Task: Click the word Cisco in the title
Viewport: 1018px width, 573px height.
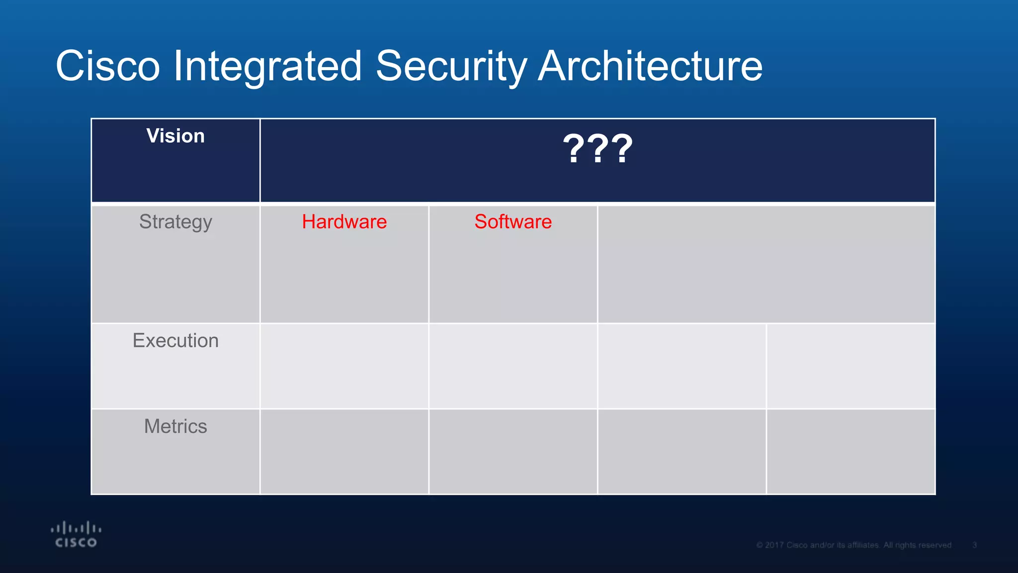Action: click(x=108, y=66)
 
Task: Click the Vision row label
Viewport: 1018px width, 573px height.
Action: click(x=175, y=136)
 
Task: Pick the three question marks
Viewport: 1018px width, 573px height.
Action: click(x=597, y=149)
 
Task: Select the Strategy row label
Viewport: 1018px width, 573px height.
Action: click(x=175, y=222)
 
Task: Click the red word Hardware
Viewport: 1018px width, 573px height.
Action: click(x=344, y=222)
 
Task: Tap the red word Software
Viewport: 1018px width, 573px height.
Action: click(x=513, y=222)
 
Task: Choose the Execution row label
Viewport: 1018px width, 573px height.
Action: click(x=175, y=341)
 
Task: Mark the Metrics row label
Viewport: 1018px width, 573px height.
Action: click(x=175, y=426)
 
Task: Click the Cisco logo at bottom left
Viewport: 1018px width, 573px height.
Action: click(x=76, y=535)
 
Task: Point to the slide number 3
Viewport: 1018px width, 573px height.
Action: click(x=975, y=545)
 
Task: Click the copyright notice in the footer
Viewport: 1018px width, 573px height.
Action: click(x=853, y=545)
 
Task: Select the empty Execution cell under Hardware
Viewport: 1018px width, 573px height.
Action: click(x=344, y=366)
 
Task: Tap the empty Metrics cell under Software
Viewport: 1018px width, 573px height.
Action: click(x=513, y=452)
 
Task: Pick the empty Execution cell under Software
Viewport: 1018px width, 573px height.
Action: click(x=513, y=366)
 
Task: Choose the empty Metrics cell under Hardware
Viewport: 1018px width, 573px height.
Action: click(x=344, y=452)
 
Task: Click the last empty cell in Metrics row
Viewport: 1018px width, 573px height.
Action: click(x=850, y=452)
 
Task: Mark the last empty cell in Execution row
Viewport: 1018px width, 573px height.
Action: click(x=850, y=366)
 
